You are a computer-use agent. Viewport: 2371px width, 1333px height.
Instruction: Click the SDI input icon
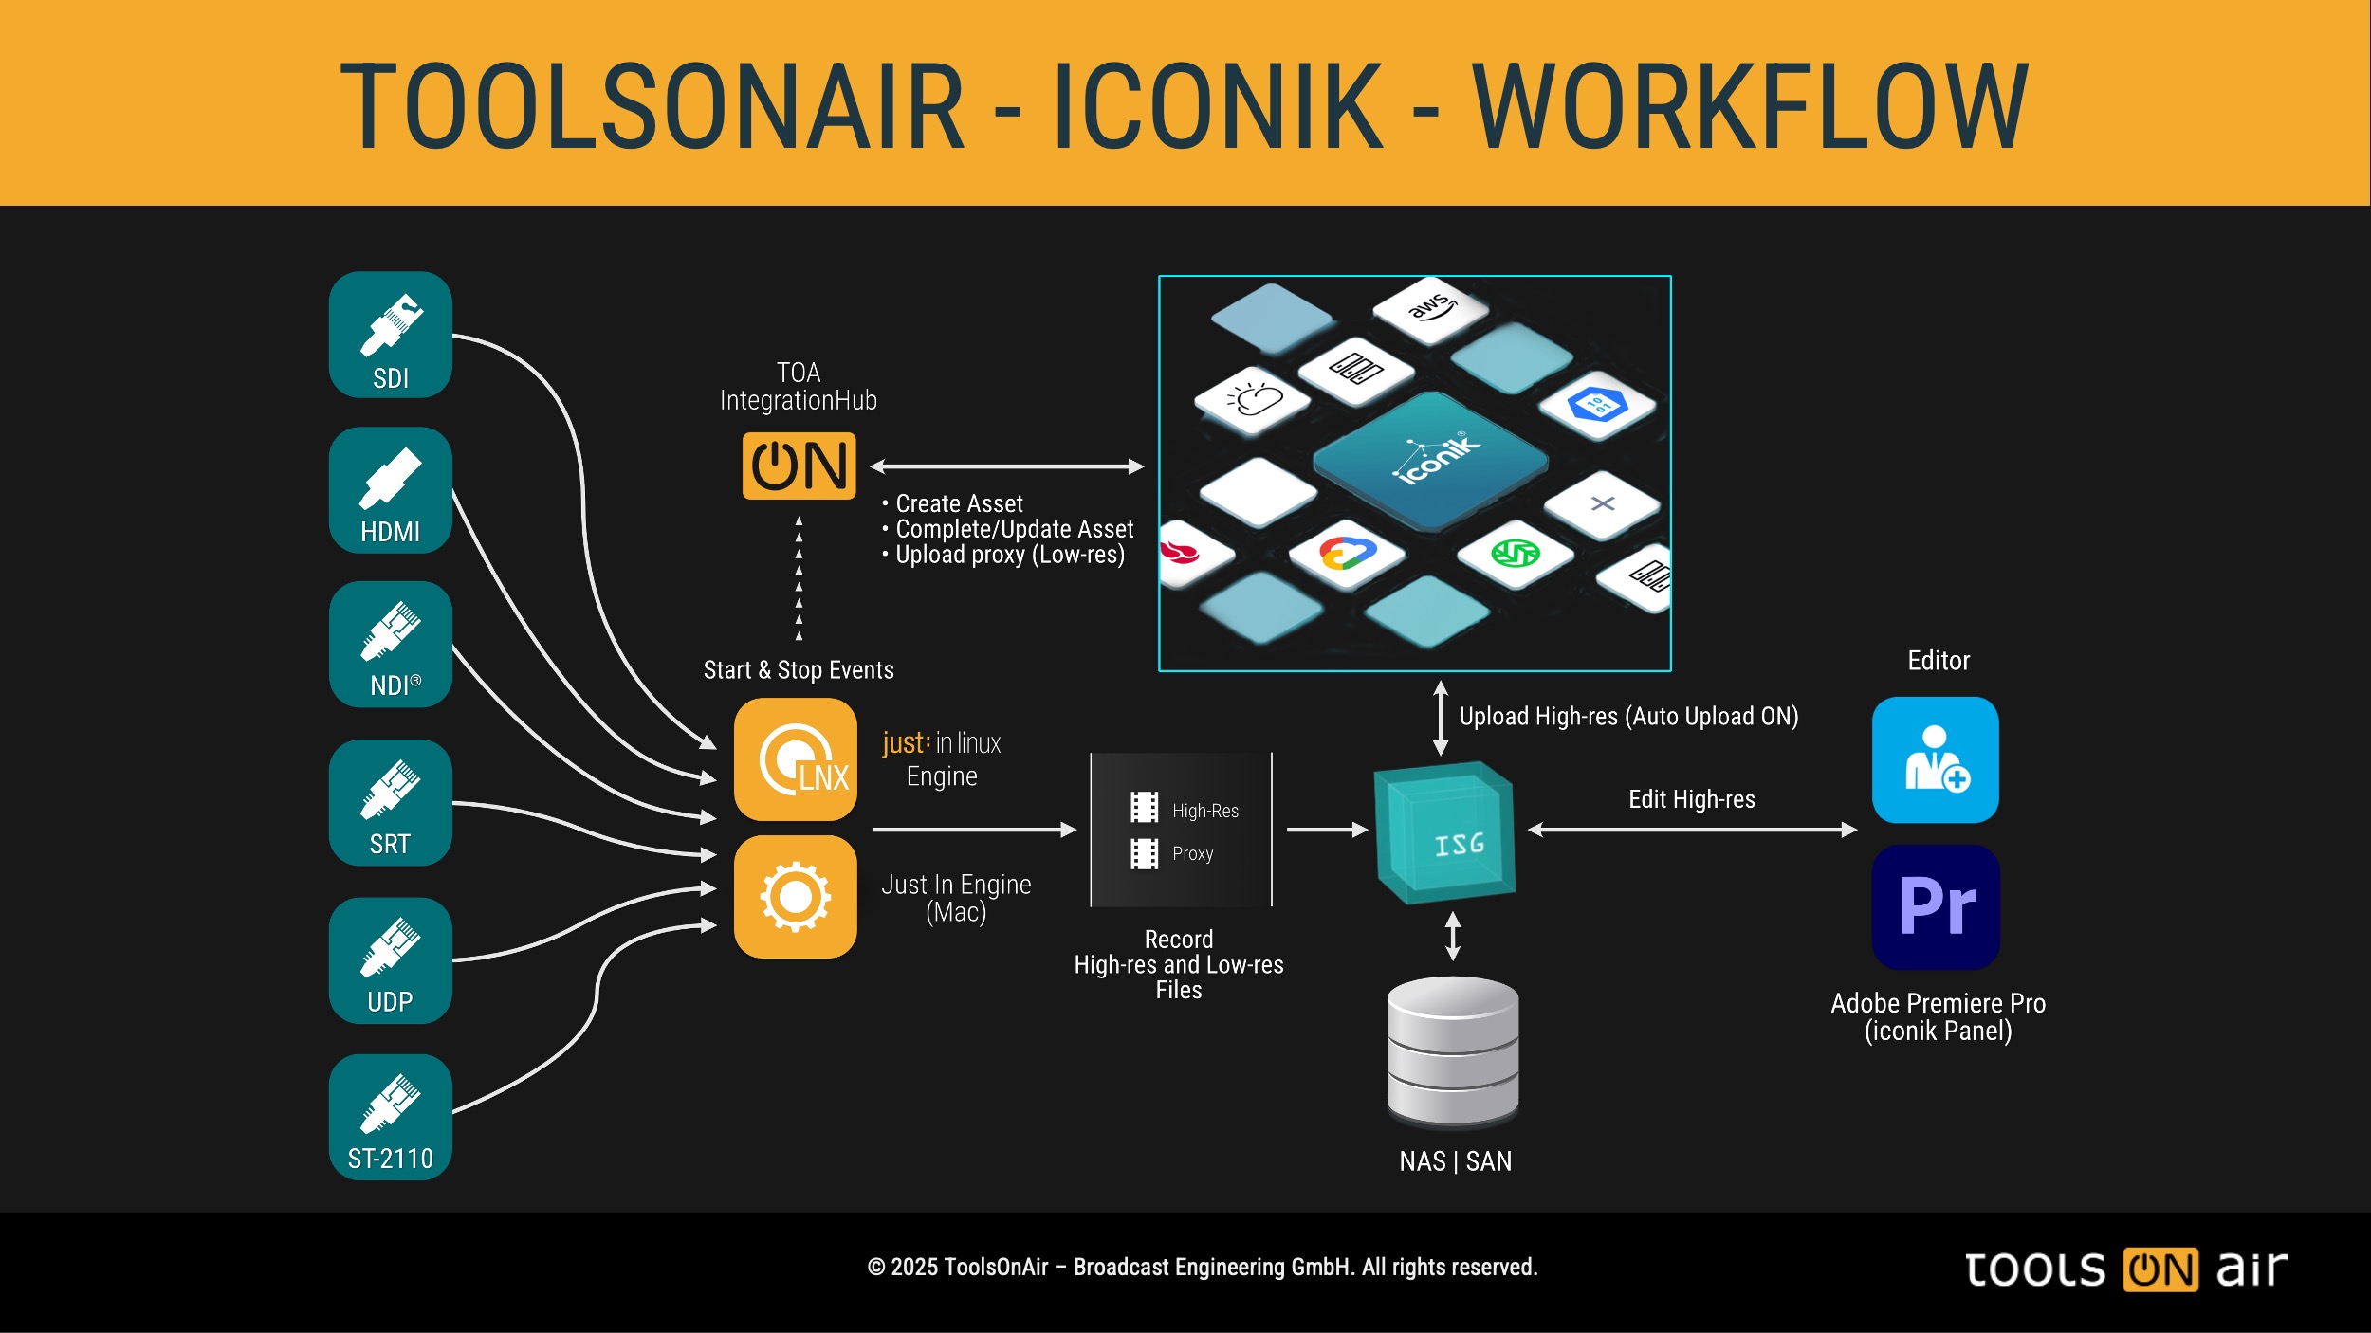390,335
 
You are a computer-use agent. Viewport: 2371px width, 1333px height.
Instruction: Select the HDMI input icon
390,489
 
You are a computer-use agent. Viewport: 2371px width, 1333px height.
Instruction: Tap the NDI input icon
390,644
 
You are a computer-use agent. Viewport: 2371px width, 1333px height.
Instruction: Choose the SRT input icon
390,802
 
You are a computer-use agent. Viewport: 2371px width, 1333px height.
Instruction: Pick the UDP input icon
390,959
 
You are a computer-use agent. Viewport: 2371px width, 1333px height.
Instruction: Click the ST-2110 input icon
390,1117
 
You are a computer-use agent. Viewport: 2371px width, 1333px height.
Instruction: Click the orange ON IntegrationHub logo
799,466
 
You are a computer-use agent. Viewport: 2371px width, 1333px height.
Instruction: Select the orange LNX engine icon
795,759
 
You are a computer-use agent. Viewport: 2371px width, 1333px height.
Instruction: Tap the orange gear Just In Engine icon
795,897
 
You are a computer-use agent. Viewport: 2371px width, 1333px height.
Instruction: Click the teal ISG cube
1444,832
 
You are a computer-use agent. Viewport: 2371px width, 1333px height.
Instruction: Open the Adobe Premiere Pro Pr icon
1936,906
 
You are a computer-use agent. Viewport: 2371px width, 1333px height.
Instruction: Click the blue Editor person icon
1935,759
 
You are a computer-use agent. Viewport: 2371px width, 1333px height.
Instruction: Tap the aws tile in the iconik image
1429,308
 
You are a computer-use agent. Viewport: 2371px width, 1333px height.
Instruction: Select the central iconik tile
1430,460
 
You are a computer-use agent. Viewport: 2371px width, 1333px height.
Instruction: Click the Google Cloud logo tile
1347,553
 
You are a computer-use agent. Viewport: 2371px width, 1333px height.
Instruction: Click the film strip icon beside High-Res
1144,807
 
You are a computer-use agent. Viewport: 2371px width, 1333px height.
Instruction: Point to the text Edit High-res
1691,799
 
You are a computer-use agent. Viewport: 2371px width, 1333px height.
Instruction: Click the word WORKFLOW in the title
1750,106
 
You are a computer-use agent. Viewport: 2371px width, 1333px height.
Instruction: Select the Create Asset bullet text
959,503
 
